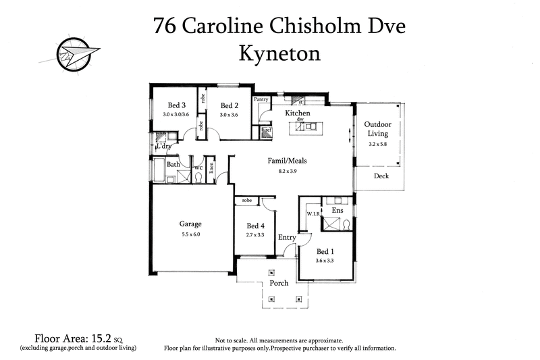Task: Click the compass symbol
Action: coord(69,52)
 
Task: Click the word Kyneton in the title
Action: coord(279,53)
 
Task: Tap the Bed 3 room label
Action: coord(177,105)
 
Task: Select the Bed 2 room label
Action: coord(230,105)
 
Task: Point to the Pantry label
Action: coord(262,99)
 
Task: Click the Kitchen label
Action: coord(297,113)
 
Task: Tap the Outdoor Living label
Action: coord(377,129)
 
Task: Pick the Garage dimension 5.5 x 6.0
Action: coord(191,234)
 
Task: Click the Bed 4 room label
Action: coord(256,226)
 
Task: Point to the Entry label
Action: coord(287,237)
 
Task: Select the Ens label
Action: coord(337,211)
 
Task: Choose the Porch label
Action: coord(279,283)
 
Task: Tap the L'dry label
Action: coord(163,146)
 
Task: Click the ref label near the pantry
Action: coord(268,130)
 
